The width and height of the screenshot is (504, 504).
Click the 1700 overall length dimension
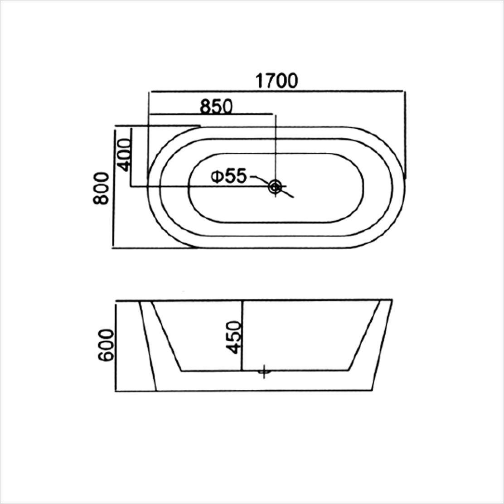[276, 81]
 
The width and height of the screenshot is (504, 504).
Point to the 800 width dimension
[102, 188]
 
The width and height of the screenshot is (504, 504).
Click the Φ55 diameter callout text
[229, 176]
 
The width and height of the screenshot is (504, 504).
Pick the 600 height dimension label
[106, 345]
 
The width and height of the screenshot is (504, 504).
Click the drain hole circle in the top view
[275, 186]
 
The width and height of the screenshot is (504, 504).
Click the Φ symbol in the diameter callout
[217, 176]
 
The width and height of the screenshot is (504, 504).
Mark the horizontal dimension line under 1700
[276, 91]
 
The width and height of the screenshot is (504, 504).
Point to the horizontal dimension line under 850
[211, 114]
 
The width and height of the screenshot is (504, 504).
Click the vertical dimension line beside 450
[243, 335]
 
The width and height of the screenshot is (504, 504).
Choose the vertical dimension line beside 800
[113, 188]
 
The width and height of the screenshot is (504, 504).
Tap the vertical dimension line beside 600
[116, 345]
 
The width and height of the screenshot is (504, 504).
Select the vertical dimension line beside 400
[131, 157]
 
